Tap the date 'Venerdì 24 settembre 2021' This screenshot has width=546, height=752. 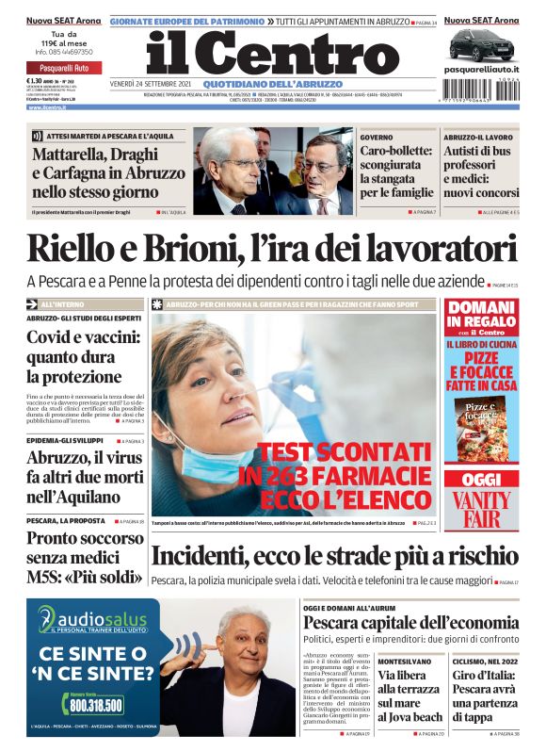tap(151, 84)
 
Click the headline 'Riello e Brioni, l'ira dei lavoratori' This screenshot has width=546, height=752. tap(272, 249)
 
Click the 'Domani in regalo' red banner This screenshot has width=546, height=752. tap(480, 321)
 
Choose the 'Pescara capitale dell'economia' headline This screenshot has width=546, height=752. tap(410, 623)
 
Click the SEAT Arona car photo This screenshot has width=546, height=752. tap(480, 43)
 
